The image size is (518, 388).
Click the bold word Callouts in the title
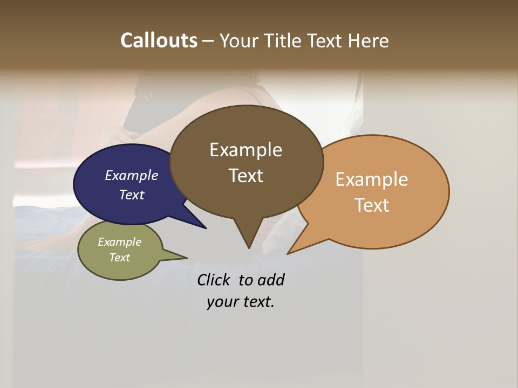coord(159,40)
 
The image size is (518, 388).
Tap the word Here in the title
coord(369,40)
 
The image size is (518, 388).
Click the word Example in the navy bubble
coord(132,175)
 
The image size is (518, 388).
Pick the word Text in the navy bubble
coord(132,195)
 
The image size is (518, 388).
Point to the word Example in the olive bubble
coord(120,242)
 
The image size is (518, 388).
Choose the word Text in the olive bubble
coord(120,257)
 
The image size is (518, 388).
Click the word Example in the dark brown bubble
coord(246,150)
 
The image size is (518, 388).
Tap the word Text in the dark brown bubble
coord(246,176)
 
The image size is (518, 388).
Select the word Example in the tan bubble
coord(372,179)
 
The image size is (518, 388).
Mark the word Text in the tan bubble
coord(372,205)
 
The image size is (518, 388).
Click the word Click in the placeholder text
coord(214,280)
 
